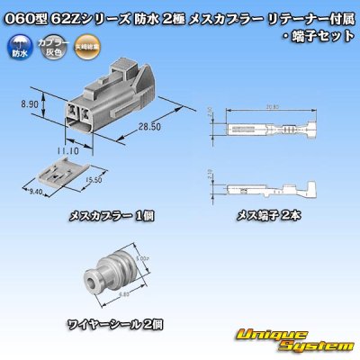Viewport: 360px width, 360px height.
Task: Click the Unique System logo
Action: pos(294,340)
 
